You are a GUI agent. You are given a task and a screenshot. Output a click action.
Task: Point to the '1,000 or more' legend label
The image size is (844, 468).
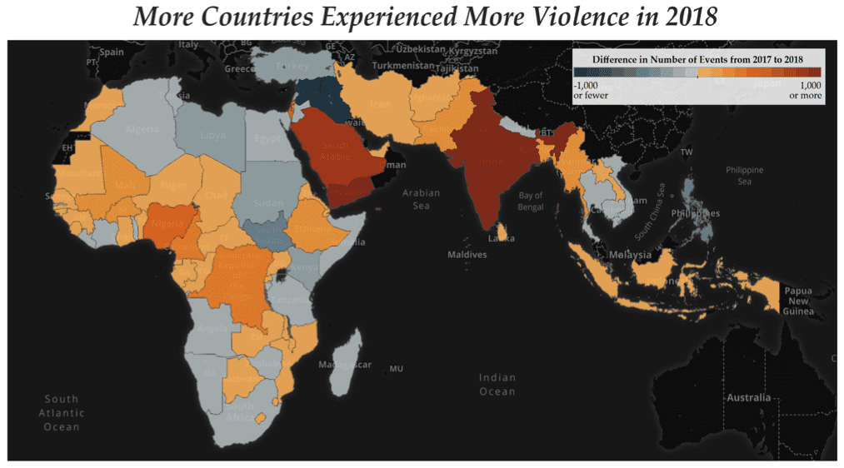click(x=805, y=90)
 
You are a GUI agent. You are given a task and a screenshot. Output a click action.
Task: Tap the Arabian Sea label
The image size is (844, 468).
click(x=420, y=199)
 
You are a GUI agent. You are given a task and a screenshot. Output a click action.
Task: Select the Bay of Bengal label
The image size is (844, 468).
click(x=530, y=201)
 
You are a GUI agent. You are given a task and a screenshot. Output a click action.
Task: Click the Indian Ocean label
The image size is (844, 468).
click(x=497, y=385)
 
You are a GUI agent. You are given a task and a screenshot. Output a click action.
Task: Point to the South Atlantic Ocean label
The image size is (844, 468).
click(x=62, y=412)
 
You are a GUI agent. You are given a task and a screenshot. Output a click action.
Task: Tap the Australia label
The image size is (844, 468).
click(x=747, y=397)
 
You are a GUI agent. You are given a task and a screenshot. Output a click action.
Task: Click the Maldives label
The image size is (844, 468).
click(x=467, y=254)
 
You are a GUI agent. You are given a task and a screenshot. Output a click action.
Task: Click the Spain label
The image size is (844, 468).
click(x=111, y=52)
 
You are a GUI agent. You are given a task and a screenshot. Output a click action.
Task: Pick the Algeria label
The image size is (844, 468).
click(x=142, y=130)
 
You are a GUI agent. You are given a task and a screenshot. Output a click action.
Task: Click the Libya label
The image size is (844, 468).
click(x=212, y=136)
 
